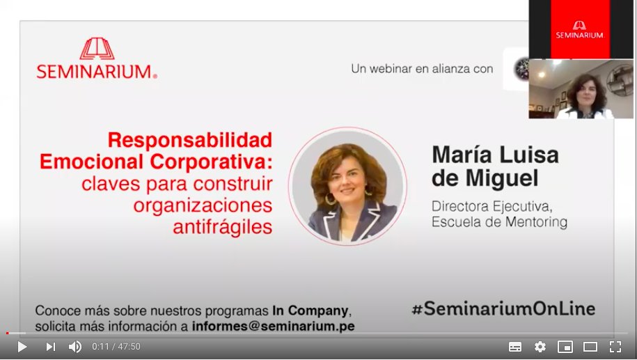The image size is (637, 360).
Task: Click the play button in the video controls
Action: (22, 347)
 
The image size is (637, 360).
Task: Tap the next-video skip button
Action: (51, 347)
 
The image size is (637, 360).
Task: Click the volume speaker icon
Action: (75, 347)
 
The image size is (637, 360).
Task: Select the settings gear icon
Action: (540, 347)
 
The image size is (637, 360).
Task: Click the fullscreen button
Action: (615, 347)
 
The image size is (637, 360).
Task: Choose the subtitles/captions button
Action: (515, 347)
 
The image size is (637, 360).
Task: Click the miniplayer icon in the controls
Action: (565, 347)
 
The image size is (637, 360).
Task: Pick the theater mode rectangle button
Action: (590, 347)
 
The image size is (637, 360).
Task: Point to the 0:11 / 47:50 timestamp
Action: (116, 347)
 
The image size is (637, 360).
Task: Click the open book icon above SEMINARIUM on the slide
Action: (97, 49)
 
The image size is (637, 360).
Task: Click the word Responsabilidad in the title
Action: (190, 140)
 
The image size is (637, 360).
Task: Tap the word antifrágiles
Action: (223, 226)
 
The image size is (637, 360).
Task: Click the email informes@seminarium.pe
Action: (274, 326)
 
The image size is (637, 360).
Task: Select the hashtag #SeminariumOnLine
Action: (503, 308)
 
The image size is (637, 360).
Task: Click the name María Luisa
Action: (495, 155)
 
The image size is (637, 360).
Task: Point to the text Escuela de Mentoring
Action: (499, 222)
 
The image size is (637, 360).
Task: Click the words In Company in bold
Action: (310, 311)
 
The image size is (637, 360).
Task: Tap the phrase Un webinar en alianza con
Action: (422, 69)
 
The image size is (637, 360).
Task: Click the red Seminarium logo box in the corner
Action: (580, 30)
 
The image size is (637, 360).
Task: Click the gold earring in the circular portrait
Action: (329, 198)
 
